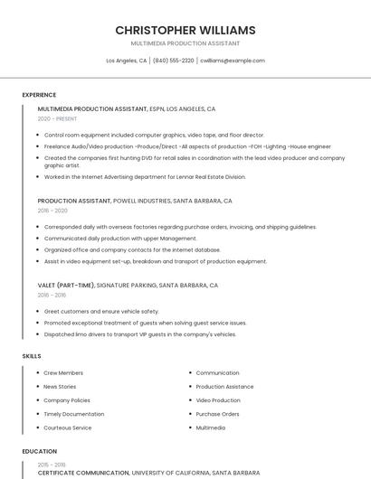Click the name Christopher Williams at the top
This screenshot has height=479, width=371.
pyautogui.click(x=185, y=30)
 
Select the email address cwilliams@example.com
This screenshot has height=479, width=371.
pyautogui.click(x=233, y=61)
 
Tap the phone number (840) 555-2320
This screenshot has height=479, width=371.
pyautogui.click(x=173, y=61)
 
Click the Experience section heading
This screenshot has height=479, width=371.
pyautogui.click(x=39, y=94)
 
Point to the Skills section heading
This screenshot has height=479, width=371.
pyautogui.click(x=32, y=356)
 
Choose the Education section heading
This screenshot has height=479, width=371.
pyautogui.click(x=40, y=451)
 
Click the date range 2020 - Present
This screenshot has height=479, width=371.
pyautogui.click(x=57, y=118)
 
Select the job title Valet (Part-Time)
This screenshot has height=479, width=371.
pyautogui.click(x=66, y=285)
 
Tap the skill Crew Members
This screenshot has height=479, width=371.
pyautogui.click(x=63, y=372)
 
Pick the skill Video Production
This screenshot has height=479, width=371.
pyautogui.click(x=218, y=399)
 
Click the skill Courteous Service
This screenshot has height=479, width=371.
pyautogui.click(x=68, y=427)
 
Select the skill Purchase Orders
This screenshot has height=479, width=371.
pyautogui.click(x=217, y=414)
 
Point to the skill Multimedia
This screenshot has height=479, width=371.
pyautogui.click(x=211, y=427)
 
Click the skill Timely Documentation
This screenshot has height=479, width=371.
pyautogui.click(x=74, y=414)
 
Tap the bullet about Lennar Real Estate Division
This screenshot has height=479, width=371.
pyautogui.click(x=145, y=177)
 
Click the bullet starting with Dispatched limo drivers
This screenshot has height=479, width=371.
pyautogui.click(x=140, y=334)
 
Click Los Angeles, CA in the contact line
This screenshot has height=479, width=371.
pyautogui.click(x=127, y=61)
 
